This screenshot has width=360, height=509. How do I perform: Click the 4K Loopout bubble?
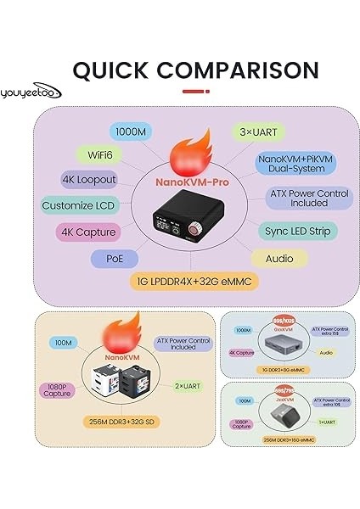point(89,180)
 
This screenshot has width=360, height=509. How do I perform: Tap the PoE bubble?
point(115,255)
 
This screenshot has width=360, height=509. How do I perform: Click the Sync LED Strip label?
point(297,231)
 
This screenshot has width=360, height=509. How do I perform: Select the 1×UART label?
point(329,421)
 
